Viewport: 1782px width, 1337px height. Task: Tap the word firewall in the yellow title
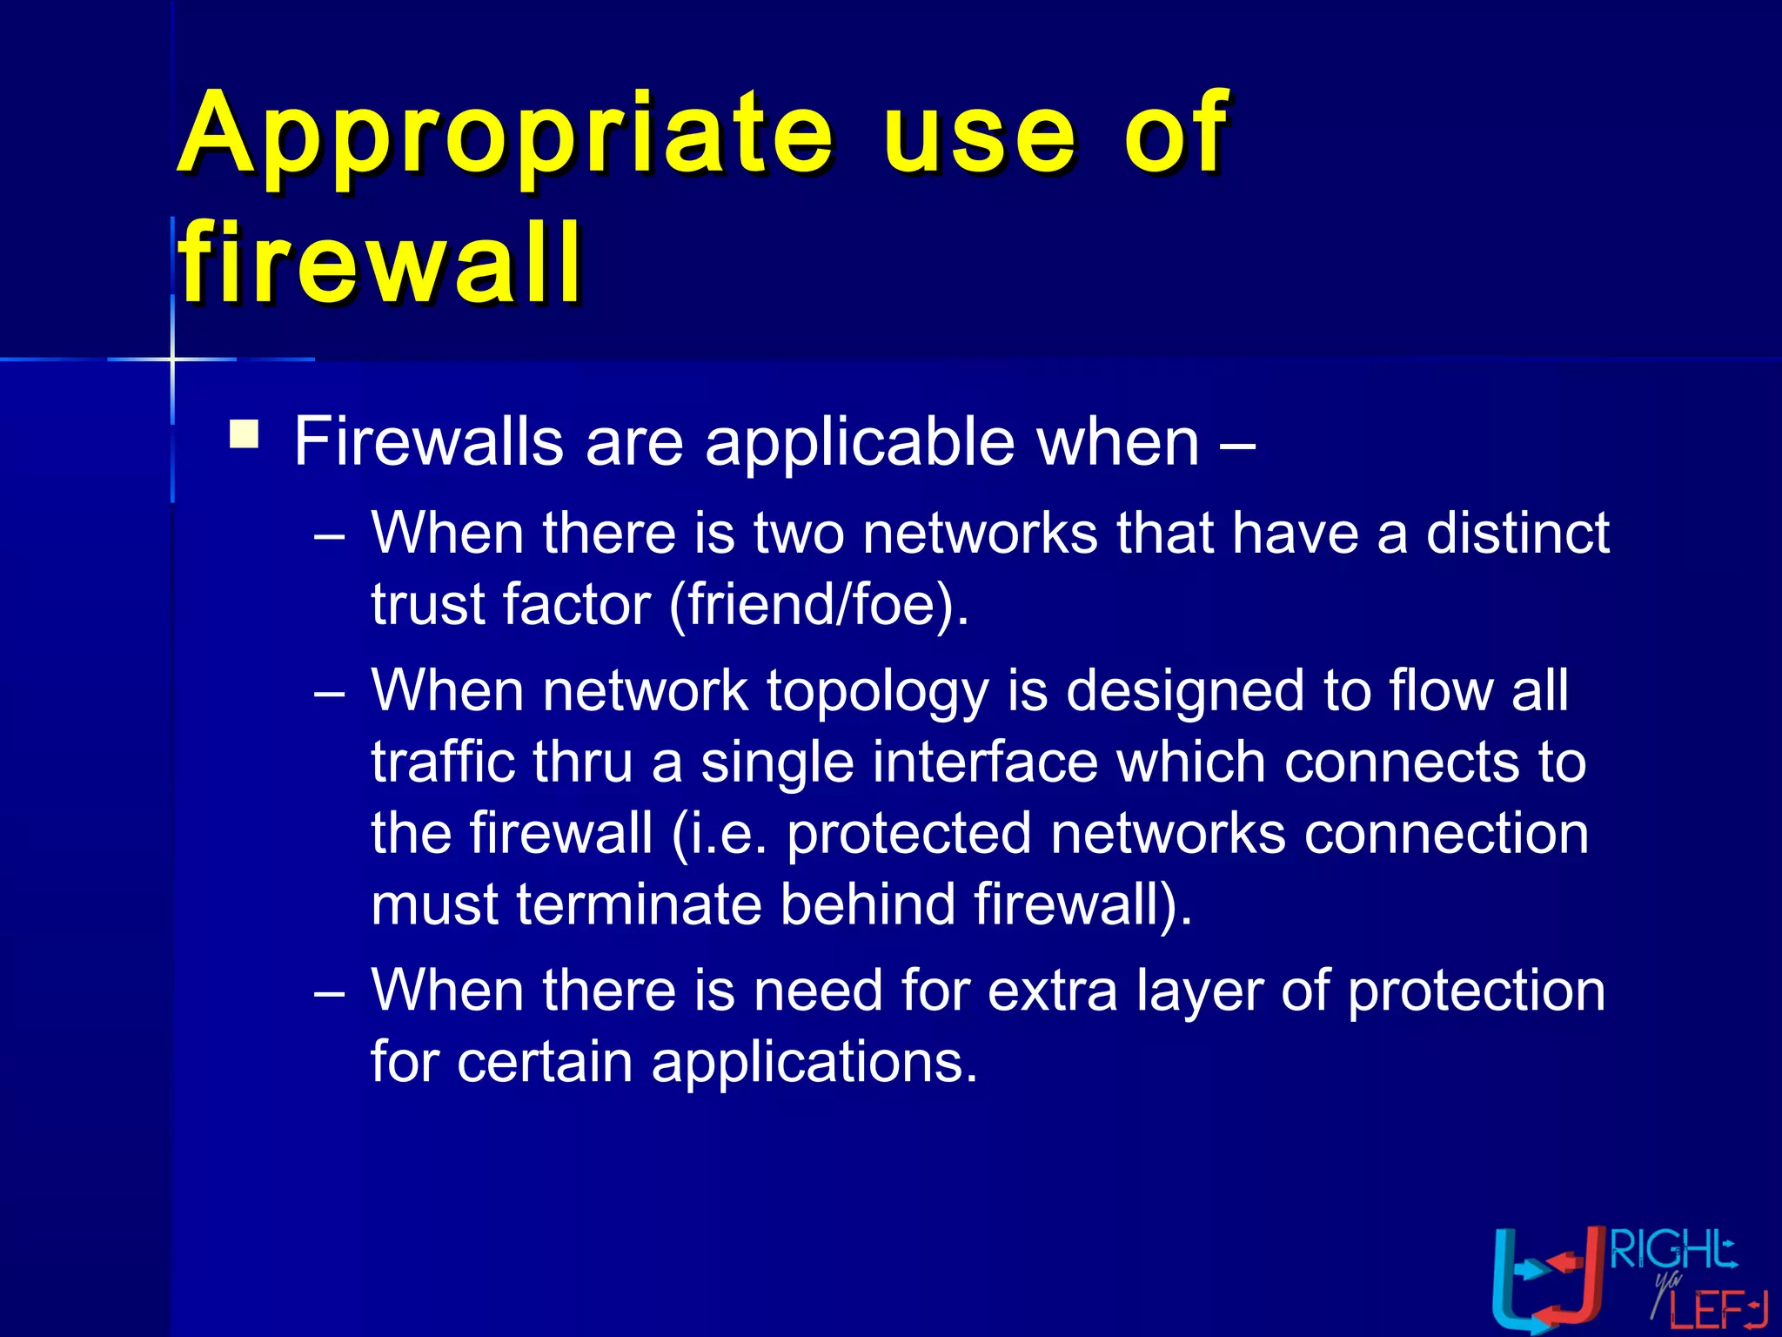[381, 262]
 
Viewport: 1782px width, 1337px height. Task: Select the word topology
[877, 690]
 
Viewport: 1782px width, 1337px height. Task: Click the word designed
[1186, 690]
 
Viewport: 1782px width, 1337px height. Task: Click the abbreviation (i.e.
[720, 833]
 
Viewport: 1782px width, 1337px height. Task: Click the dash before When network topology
[330, 694]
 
